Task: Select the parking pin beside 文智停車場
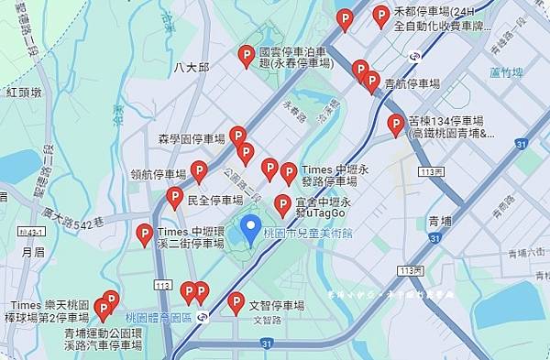click(x=236, y=301)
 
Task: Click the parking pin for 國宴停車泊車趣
click(x=246, y=57)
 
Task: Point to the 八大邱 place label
click(x=192, y=68)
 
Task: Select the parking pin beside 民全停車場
click(x=174, y=197)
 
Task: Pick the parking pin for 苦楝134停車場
click(x=396, y=125)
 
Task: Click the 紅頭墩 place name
click(x=24, y=93)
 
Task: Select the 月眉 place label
click(x=33, y=251)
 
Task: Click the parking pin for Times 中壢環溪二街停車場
click(x=144, y=235)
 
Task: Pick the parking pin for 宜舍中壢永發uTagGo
click(x=283, y=203)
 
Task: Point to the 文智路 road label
click(x=268, y=322)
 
